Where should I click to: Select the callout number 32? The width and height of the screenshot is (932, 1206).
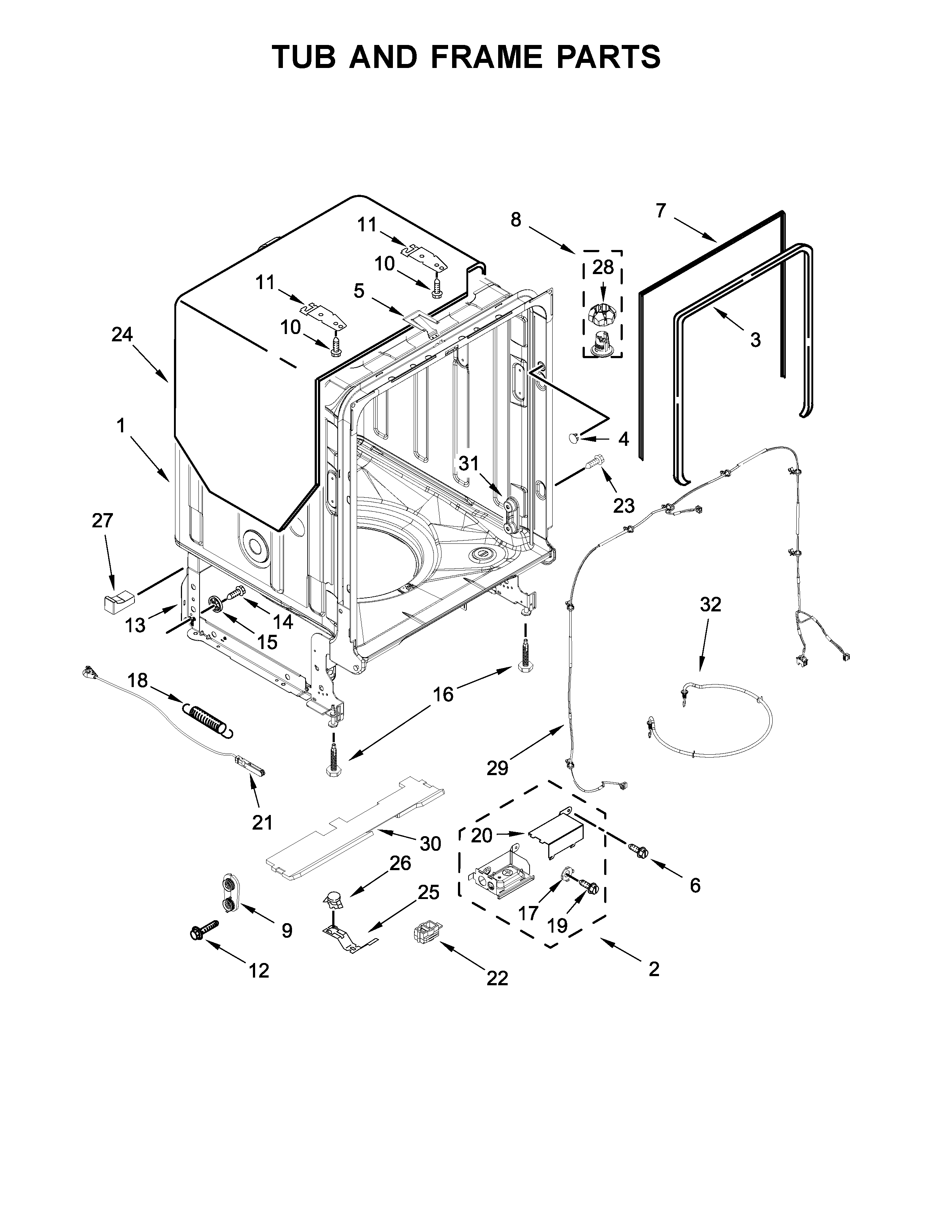(x=710, y=605)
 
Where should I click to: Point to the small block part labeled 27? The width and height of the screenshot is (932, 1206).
(x=119, y=600)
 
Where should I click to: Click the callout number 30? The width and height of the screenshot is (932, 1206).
(x=430, y=843)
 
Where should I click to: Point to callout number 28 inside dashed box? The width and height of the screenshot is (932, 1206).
(x=603, y=267)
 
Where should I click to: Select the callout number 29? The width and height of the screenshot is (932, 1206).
(x=497, y=767)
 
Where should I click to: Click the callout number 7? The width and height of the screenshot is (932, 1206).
(x=661, y=211)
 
